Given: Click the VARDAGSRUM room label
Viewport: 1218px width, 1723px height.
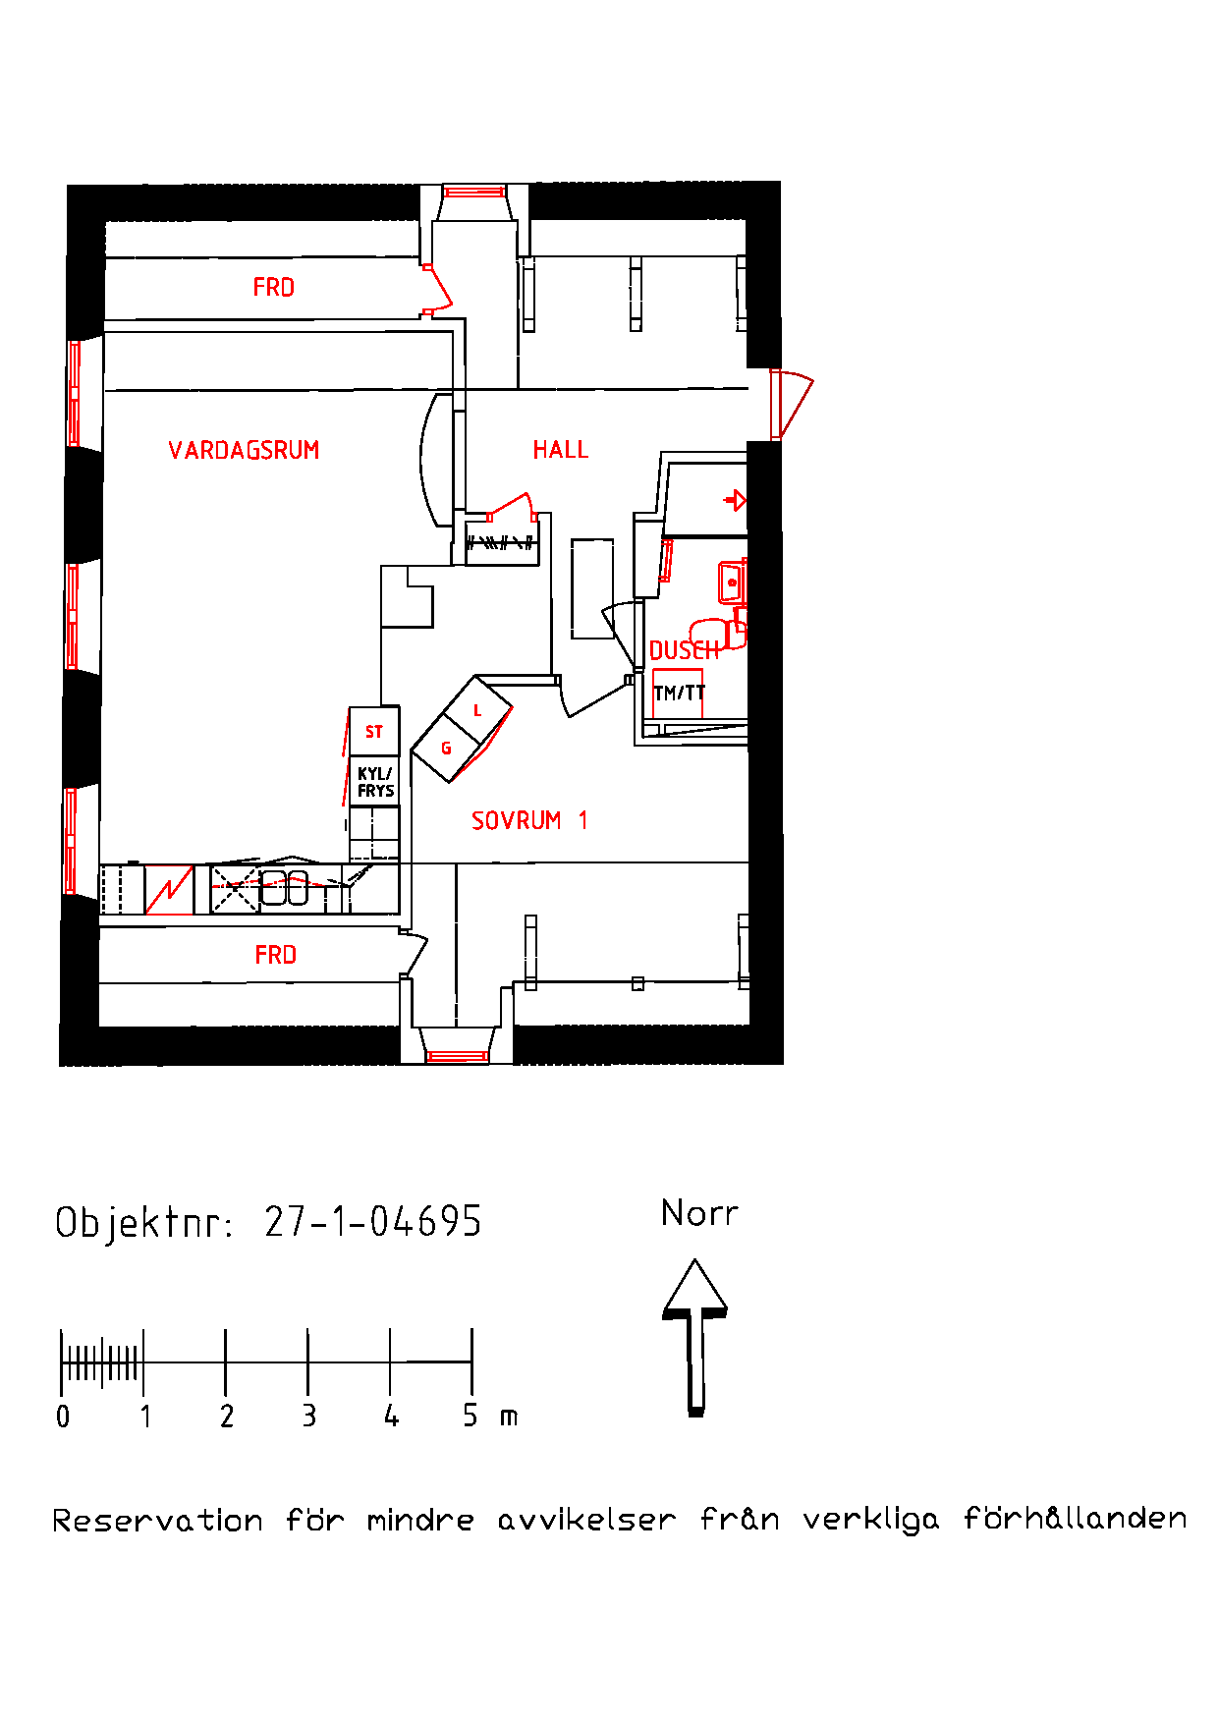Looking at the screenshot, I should pos(244,450).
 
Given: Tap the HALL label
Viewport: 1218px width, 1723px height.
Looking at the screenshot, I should pos(560,450).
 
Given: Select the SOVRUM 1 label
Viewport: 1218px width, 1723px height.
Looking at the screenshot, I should pos(528,820).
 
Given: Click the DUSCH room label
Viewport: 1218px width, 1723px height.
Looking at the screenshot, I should pos(684,650).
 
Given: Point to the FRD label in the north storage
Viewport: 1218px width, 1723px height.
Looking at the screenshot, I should pos(273,288).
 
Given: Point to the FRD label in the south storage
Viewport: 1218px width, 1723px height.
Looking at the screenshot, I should pos(275,955).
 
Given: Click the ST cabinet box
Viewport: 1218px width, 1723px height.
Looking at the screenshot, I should pos(374,732).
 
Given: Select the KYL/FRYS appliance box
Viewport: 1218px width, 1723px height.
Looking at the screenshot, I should pos(374,782).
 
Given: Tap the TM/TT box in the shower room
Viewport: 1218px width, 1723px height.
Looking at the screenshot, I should pos(679,694).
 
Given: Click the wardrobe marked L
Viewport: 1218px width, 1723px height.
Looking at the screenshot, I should pos(477,710).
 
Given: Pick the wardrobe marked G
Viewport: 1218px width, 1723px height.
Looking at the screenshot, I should pos(446,749).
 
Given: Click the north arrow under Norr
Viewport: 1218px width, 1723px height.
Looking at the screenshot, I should pos(695,1336).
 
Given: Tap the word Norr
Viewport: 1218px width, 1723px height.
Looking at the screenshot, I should pos(698,1213).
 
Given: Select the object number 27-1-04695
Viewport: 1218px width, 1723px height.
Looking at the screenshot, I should pos(372,1222).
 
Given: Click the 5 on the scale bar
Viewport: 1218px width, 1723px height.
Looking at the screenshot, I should pos(471,1417).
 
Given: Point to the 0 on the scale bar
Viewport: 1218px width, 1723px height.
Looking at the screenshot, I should pos(63,1417).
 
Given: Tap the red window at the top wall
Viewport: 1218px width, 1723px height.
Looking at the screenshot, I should pos(473,192).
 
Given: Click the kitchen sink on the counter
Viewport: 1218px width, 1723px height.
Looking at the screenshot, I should pos(284,887).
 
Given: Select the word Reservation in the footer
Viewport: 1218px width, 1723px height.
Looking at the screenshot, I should pos(157,1522).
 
